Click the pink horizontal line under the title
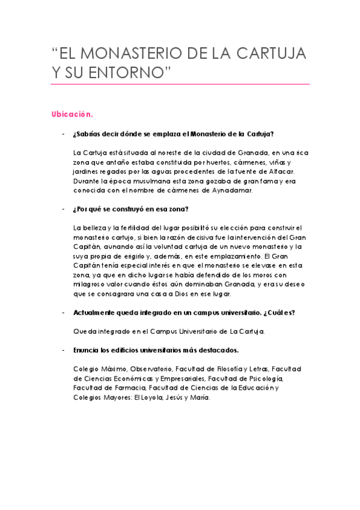click(x=180, y=84)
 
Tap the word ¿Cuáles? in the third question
click(x=277, y=312)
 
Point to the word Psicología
click(x=261, y=378)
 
